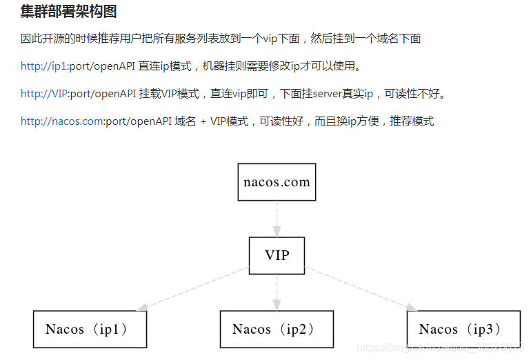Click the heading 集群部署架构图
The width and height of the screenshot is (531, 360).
coord(68,11)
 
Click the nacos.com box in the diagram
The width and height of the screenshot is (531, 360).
coord(277,183)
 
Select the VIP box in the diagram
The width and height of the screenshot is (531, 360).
coord(277,256)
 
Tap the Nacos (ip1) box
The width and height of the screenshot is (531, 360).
coord(90,329)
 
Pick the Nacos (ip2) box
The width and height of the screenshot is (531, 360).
coord(277,329)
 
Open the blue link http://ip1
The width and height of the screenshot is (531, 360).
coord(43,66)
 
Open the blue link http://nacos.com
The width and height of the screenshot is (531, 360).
coord(62,121)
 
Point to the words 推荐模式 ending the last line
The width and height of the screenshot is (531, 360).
coord(412,121)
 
